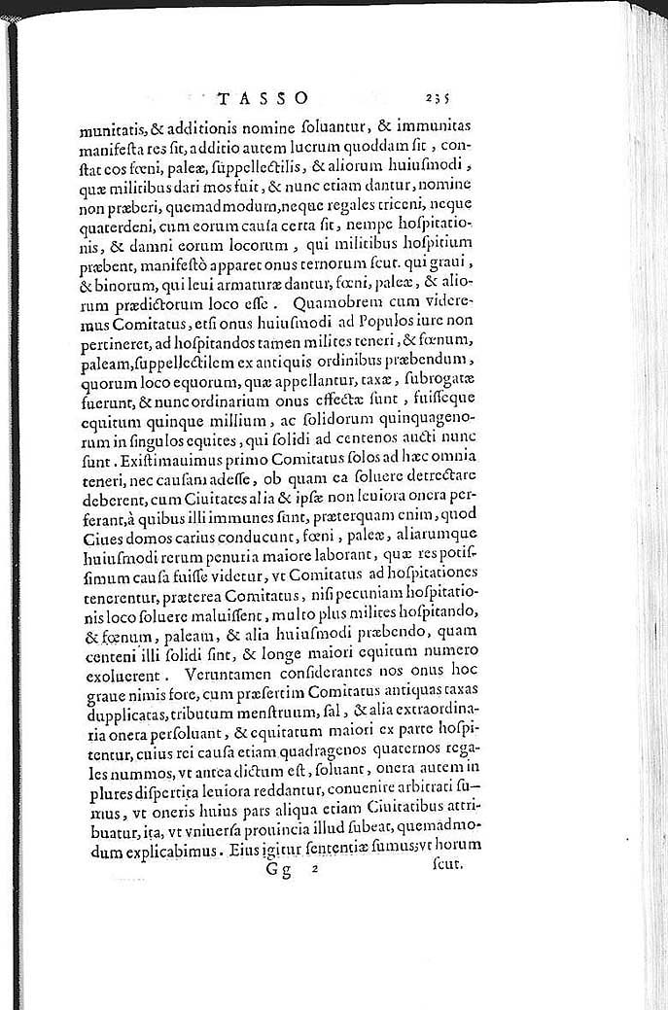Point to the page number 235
442,98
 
